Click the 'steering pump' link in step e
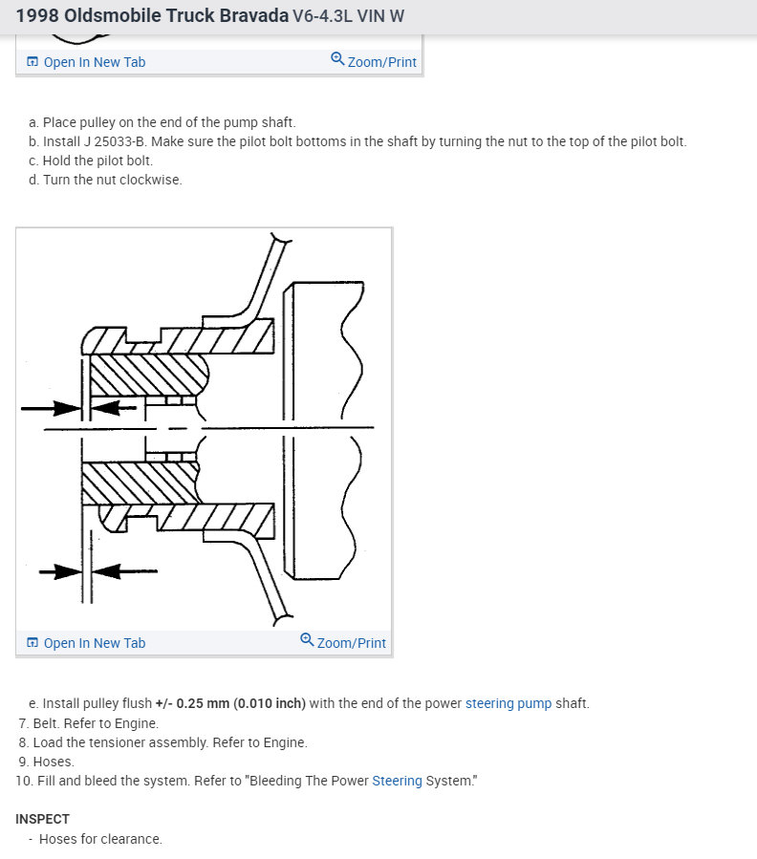pyautogui.click(x=508, y=703)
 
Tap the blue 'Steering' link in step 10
pyautogui.click(x=397, y=781)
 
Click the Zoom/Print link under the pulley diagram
pyautogui.click(x=352, y=643)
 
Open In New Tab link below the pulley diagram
pyautogui.click(x=95, y=643)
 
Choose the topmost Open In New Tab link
pyautogui.click(x=95, y=62)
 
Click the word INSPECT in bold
pyautogui.click(x=42, y=819)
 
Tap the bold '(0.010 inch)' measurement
pyautogui.click(x=270, y=703)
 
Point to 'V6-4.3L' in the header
pyautogui.click(x=320, y=17)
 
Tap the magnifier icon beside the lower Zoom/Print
pyautogui.click(x=307, y=640)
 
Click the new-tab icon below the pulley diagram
pyautogui.click(x=32, y=643)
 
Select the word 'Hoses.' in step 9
pyautogui.click(x=54, y=762)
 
